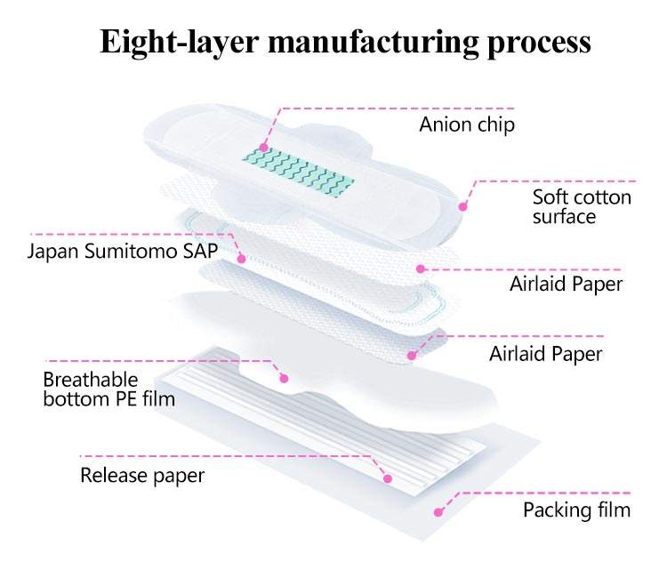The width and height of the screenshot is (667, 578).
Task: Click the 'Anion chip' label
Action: coord(466,124)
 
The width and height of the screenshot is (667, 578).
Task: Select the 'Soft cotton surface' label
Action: coord(582,205)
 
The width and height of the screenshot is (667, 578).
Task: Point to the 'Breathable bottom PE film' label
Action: coord(108,389)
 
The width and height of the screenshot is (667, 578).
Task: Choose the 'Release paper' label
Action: coord(142,475)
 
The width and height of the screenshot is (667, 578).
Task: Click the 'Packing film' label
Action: coord(576,510)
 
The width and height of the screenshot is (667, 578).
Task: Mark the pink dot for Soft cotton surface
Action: coord(462,206)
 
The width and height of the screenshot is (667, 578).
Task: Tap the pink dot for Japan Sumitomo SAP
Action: coord(241,258)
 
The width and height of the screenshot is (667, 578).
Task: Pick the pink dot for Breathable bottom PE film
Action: coord(285,378)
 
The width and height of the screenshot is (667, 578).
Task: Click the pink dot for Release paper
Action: coord(388,479)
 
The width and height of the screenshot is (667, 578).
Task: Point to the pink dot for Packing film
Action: coord(437,511)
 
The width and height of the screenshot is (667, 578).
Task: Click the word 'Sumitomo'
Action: coord(139,251)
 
